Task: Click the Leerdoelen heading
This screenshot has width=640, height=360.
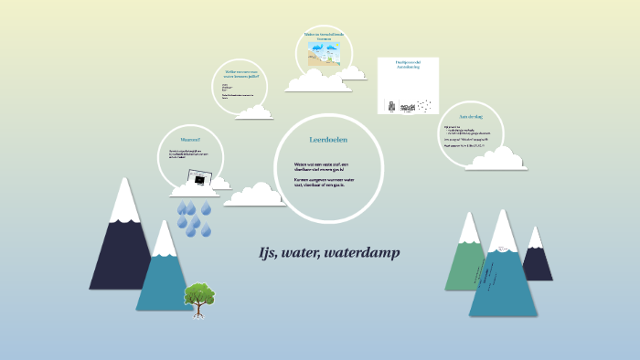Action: [329, 140]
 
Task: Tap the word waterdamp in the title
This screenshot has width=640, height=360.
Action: [367, 253]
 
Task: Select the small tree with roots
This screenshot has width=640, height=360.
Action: [198, 298]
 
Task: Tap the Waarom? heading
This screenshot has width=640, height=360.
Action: [191, 140]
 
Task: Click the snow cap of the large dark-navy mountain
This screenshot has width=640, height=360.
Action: [124, 203]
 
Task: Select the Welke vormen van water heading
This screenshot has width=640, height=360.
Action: [242, 74]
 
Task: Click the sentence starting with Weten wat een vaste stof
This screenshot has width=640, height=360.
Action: [327, 166]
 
